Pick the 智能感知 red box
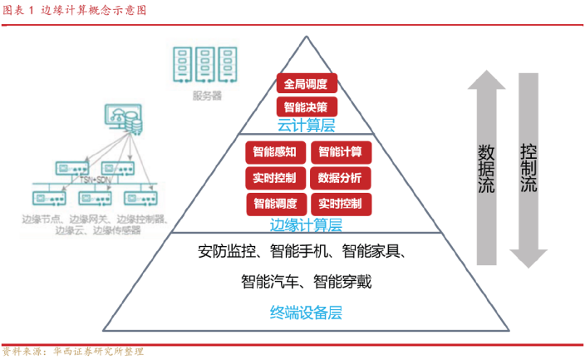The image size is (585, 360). click(x=275, y=152)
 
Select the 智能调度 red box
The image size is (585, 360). click(x=275, y=204)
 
